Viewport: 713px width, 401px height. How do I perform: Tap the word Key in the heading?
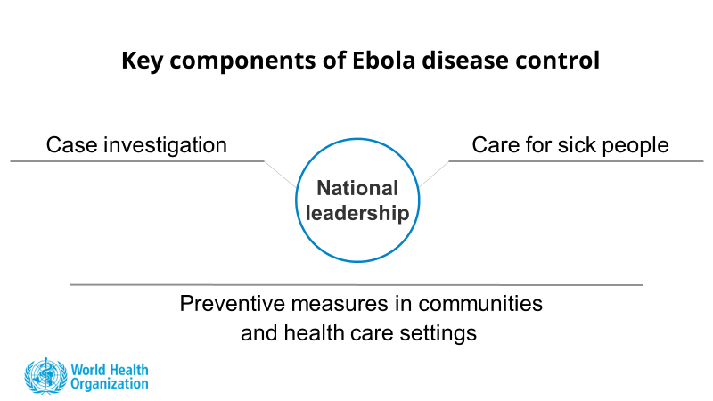(x=142, y=61)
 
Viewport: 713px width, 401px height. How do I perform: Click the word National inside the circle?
(x=357, y=188)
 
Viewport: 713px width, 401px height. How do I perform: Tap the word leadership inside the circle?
(x=357, y=213)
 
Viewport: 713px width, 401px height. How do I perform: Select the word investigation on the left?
(x=165, y=146)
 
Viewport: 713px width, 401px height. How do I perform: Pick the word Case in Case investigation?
(x=72, y=145)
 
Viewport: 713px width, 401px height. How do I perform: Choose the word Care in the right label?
(x=496, y=145)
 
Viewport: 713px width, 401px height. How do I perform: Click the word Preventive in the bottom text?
(x=233, y=303)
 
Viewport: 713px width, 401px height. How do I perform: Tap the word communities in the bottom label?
(x=480, y=303)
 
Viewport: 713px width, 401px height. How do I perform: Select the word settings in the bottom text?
(x=438, y=334)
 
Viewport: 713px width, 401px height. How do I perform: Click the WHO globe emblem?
(x=45, y=376)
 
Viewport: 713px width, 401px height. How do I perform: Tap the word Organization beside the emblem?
(x=110, y=384)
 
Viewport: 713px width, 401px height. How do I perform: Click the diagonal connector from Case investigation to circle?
(x=280, y=175)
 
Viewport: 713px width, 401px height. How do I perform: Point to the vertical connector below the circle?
(x=357, y=274)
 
